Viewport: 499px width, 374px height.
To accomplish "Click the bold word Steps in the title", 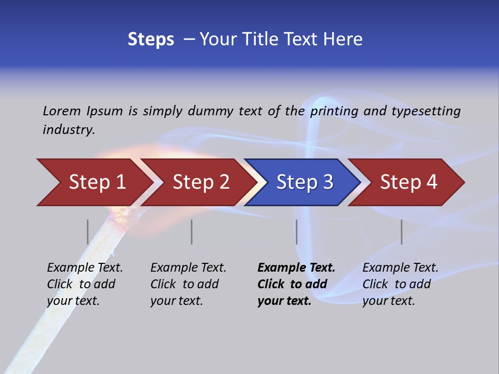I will point(151,39).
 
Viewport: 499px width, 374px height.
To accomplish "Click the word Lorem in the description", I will point(61,111).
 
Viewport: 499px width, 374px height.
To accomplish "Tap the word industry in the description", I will point(69,130).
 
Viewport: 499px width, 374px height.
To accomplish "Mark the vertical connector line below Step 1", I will point(88,232).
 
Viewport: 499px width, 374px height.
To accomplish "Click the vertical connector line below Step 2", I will point(192,232).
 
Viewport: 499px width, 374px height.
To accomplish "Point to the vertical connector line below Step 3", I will point(296,232).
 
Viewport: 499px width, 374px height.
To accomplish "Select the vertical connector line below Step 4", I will point(401,232).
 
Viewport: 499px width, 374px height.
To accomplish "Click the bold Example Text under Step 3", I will point(296,268).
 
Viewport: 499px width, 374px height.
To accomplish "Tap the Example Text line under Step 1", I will point(85,268).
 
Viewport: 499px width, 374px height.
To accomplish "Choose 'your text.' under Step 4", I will point(388,301).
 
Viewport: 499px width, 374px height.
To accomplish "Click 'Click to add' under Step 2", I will point(185,284).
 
